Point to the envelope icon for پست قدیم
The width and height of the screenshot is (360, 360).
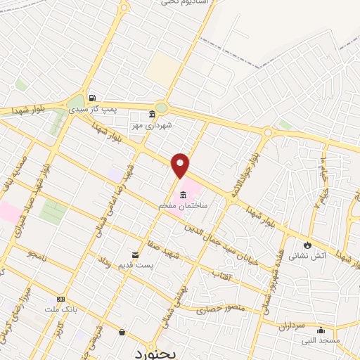[x=135, y=254]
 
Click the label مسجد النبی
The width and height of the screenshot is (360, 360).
[x=320, y=340]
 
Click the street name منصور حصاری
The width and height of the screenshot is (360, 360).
[x=221, y=308]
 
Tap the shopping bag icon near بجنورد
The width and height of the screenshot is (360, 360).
[x=122, y=332]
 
